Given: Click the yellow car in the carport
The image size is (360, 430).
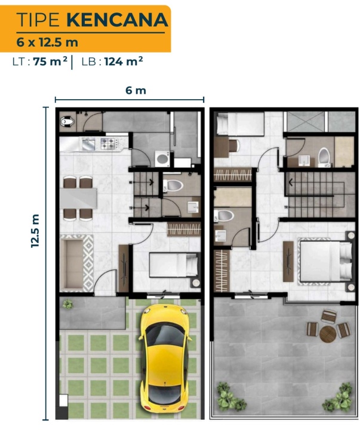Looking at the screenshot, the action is point(164,359).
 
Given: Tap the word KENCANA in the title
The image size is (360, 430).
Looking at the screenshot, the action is point(118,20).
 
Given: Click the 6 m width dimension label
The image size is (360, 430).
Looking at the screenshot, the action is point(136,90).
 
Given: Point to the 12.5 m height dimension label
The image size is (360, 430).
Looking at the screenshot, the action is point(35,231).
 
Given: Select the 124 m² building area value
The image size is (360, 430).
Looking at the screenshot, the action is point(124,61).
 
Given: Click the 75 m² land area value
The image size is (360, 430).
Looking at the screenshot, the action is point(50,61).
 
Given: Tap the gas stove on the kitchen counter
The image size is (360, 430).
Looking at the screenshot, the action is point(108,143).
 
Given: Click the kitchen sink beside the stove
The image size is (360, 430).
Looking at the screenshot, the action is point(88,144).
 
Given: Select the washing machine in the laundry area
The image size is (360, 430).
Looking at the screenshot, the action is point(162,158).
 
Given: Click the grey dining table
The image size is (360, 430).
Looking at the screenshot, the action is point(79,198).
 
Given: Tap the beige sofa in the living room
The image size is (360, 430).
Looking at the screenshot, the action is point(72,264).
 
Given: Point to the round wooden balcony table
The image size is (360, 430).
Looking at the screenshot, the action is point(327,334).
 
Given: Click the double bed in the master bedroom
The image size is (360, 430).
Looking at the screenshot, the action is point(325,261).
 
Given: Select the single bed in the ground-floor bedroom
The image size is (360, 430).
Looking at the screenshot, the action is point(173,265).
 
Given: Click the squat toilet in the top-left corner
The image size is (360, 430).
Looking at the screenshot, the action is point(67,121).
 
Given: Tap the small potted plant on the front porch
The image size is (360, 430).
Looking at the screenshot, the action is point(67,304).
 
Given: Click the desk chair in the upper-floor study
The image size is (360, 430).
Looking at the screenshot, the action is point(234,145).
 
